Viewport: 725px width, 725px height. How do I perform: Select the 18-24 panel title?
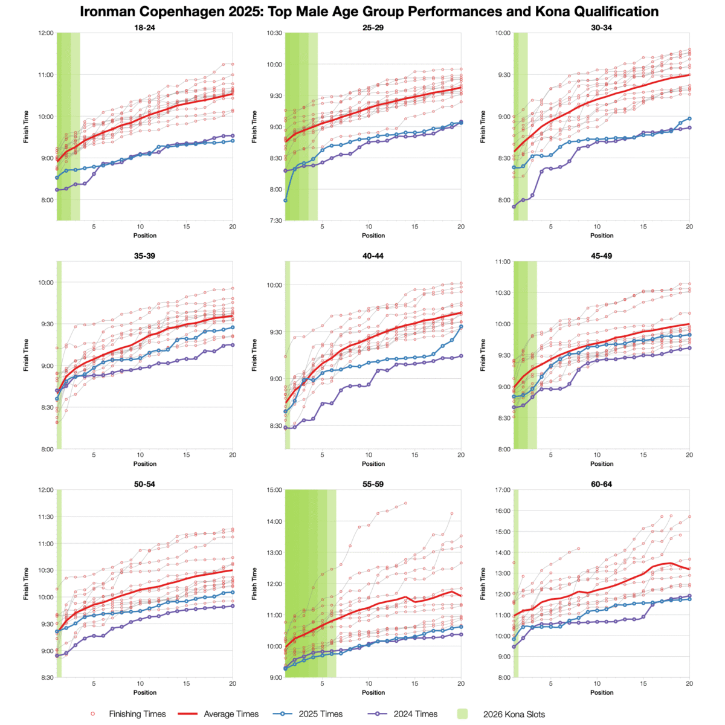coord(144,28)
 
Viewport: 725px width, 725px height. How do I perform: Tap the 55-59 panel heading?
coord(373,485)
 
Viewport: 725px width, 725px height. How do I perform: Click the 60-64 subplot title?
coord(602,485)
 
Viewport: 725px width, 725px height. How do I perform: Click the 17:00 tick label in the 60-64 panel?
coord(501,490)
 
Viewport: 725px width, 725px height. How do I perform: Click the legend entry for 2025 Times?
coord(320,714)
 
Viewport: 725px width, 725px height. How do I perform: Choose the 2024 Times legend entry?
coord(416,714)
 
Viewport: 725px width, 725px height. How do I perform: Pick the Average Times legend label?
coord(231,714)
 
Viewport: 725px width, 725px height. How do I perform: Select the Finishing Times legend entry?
coord(137,714)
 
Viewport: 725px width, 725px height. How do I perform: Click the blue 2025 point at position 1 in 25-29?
coord(285,200)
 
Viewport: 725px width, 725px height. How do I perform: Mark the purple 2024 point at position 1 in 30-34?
coord(514,207)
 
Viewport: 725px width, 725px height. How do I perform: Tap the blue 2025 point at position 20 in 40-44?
coord(461,326)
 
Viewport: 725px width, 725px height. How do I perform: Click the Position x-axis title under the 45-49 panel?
coord(602,464)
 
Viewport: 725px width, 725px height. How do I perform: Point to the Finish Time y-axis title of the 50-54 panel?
coord(27,584)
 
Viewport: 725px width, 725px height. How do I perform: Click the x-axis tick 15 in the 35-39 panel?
coord(187,455)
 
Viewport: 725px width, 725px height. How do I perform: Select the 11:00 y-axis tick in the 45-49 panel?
coord(501,262)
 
